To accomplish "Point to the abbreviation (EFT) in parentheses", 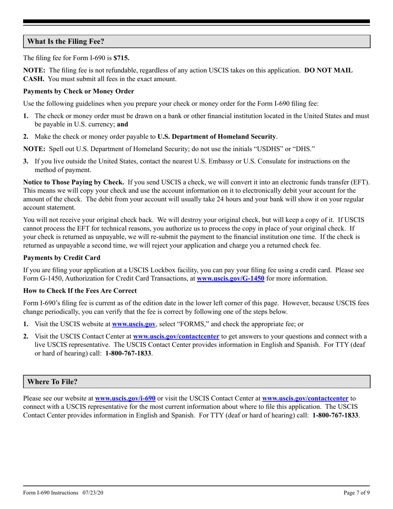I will tap(359, 182).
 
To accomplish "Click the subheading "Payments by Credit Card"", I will tap(62, 257).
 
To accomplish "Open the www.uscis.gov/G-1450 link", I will tap(230, 279).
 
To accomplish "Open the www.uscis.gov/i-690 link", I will tap(125, 399).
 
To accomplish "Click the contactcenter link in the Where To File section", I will tap(305, 399).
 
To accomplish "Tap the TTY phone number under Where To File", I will tap(335, 415).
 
